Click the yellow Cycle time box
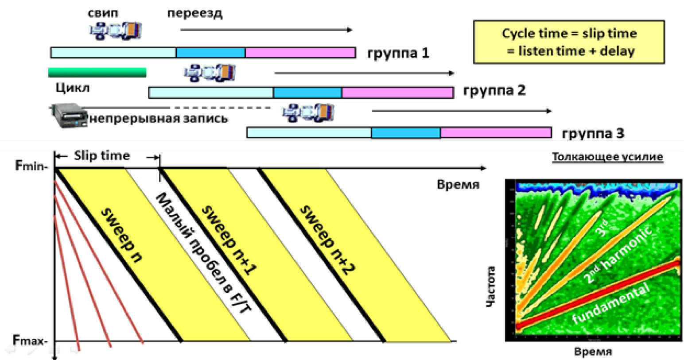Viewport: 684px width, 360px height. (x=569, y=42)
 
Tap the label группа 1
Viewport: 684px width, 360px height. (x=398, y=53)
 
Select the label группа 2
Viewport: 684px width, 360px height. (x=494, y=91)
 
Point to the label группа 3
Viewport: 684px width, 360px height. (x=593, y=133)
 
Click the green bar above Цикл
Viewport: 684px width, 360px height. (x=97, y=72)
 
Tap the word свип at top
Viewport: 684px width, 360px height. (x=103, y=13)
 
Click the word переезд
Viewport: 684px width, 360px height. (x=195, y=13)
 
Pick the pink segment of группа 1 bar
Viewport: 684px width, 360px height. (x=300, y=53)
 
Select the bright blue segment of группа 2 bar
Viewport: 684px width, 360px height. (x=307, y=93)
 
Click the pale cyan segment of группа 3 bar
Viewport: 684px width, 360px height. (x=309, y=132)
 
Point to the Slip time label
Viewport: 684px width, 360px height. (x=102, y=156)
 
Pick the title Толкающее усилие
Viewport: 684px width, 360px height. (x=607, y=157)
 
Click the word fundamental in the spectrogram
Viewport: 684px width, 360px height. (x=611, y=303)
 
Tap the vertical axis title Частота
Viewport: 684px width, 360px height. (x=490, y=286)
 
